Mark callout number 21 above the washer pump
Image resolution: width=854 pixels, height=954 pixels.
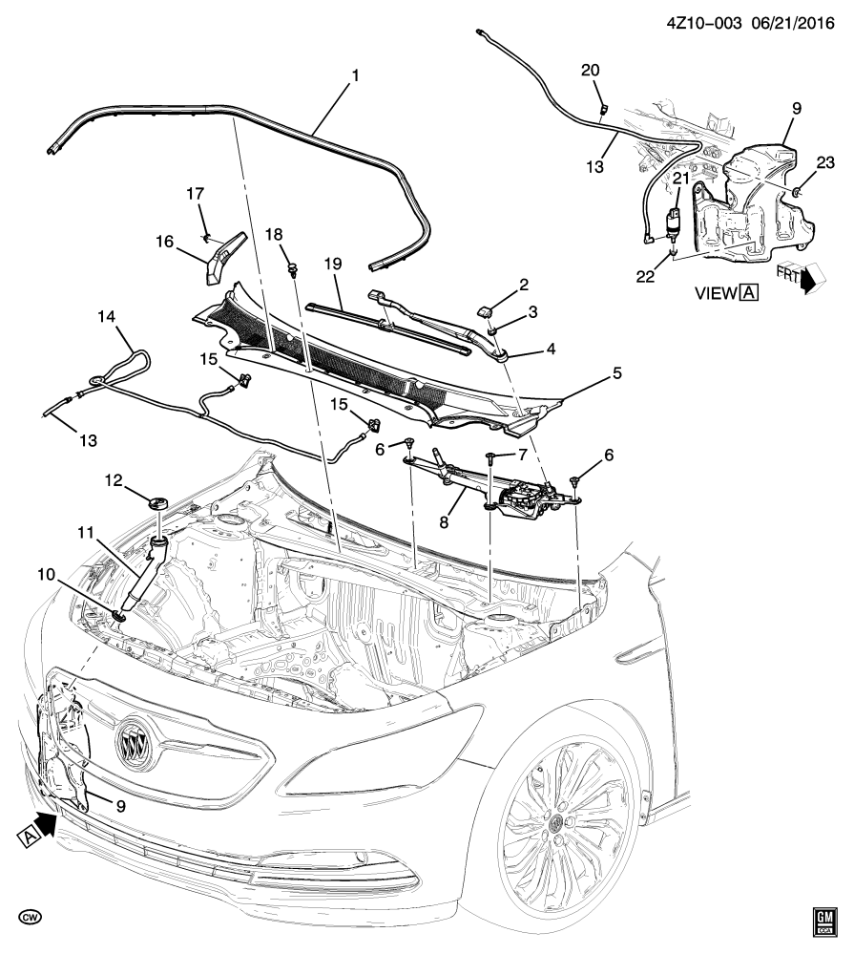pos(679,178)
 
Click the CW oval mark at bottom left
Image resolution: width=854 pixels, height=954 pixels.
pos(32,918)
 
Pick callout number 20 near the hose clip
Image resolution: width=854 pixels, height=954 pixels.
pos(591,70)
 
